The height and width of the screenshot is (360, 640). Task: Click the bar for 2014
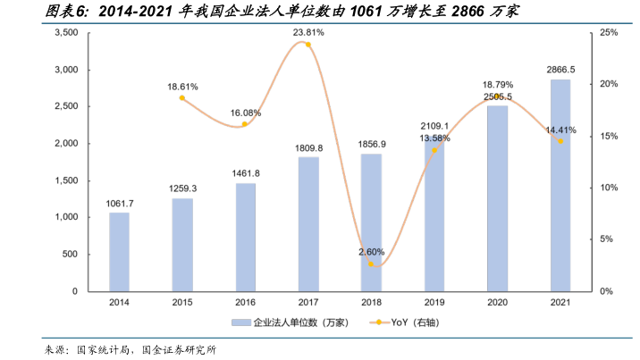[x=119, y=252]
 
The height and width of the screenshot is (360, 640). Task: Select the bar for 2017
[x=308, y=224]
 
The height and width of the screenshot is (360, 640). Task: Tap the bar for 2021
[x=560, y=185]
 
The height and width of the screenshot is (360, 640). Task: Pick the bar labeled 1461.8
[x=245, y=237]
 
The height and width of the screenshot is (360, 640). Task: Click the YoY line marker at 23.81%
[x=308, y=45]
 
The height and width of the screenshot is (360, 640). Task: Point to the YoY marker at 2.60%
[x=371, y=264]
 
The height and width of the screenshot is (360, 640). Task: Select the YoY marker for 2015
[x=182, y=98]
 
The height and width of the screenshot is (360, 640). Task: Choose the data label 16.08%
[x=246, y=113]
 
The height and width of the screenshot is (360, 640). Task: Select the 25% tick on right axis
[x=610, y=32]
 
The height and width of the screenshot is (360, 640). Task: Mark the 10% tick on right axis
[x=610, y=188]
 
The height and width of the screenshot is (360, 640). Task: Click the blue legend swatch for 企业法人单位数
[x=240, y=322]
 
